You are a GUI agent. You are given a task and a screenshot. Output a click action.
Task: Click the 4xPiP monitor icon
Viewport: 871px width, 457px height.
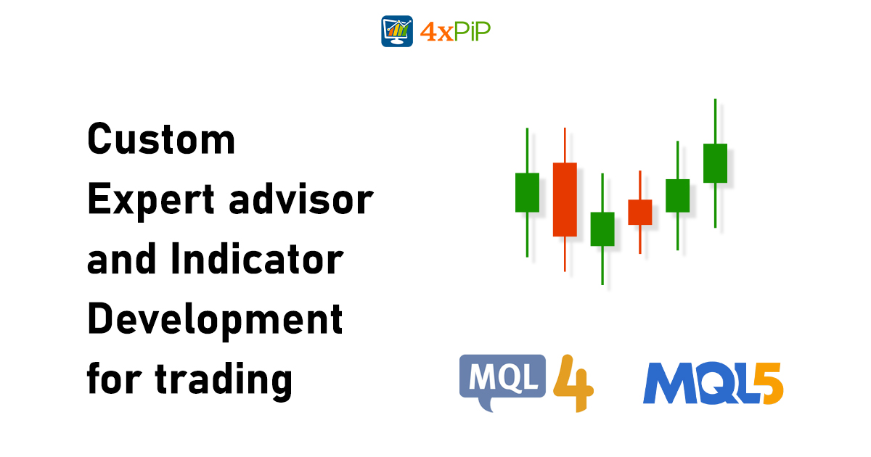click(x=397, y=31)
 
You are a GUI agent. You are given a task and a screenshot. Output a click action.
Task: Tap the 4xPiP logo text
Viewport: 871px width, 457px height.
click(x=455, y=31)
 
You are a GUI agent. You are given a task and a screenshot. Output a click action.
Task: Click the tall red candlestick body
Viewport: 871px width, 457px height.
click(x=565, y=199)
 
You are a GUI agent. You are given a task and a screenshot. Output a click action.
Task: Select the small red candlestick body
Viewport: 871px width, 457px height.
click(x=639, y=212)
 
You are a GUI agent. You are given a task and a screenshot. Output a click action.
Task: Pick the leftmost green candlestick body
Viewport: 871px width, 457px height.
click(x=527, y=192)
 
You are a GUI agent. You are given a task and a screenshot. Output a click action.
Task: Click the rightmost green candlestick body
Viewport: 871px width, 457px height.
click(x=715, y=162)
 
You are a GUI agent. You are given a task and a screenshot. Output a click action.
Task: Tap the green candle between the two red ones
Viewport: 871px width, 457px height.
click(x=602, y=228)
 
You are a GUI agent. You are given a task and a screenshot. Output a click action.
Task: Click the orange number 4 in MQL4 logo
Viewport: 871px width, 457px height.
click(x=573, y=382)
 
